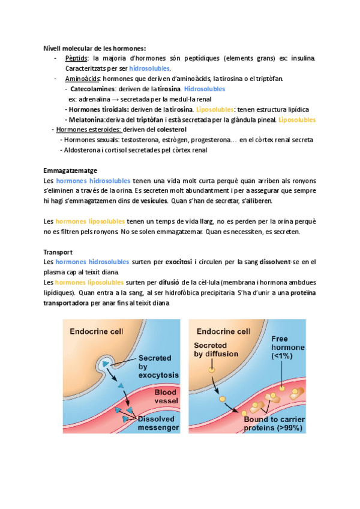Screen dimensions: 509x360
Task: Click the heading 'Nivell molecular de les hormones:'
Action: [x=95, y=49]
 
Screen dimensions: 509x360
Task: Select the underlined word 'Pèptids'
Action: [x=76, y=59]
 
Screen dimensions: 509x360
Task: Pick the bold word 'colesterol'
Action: [x=172, y=130]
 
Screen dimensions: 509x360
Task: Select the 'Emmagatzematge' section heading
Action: [x=71, y=170]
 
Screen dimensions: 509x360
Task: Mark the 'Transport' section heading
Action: [x=59, y=252]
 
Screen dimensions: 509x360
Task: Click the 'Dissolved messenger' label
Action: [x=158, y=423]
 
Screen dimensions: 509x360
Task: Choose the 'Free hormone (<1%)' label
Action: [x=289, y=348]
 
